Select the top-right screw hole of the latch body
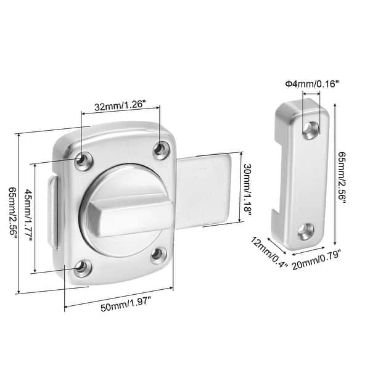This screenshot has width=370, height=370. [x=161, y=148]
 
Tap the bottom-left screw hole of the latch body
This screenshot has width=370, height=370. [x=81, y=267]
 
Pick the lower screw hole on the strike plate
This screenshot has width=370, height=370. [x=305, y=231]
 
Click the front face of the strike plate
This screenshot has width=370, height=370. [x=307, y=179]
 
